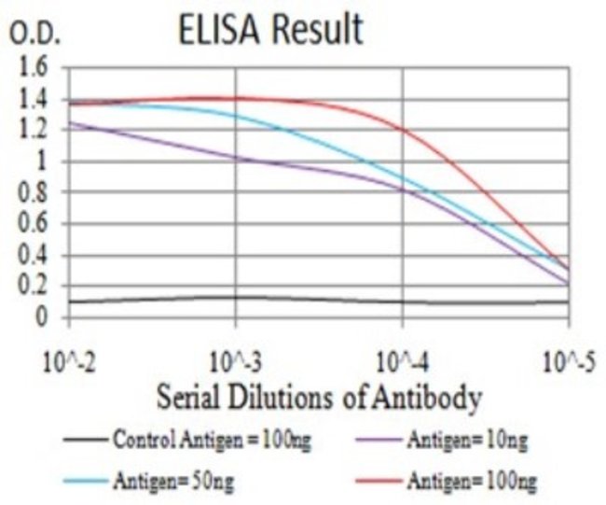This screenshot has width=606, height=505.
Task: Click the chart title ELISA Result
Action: pos(270,30)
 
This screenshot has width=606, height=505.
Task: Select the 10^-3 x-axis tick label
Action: pos(236,360)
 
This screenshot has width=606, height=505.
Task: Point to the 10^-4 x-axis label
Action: pos(402,360)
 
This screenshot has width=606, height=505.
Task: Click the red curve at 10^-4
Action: pos(402,129)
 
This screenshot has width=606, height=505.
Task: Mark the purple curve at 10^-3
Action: pos(236,158)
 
